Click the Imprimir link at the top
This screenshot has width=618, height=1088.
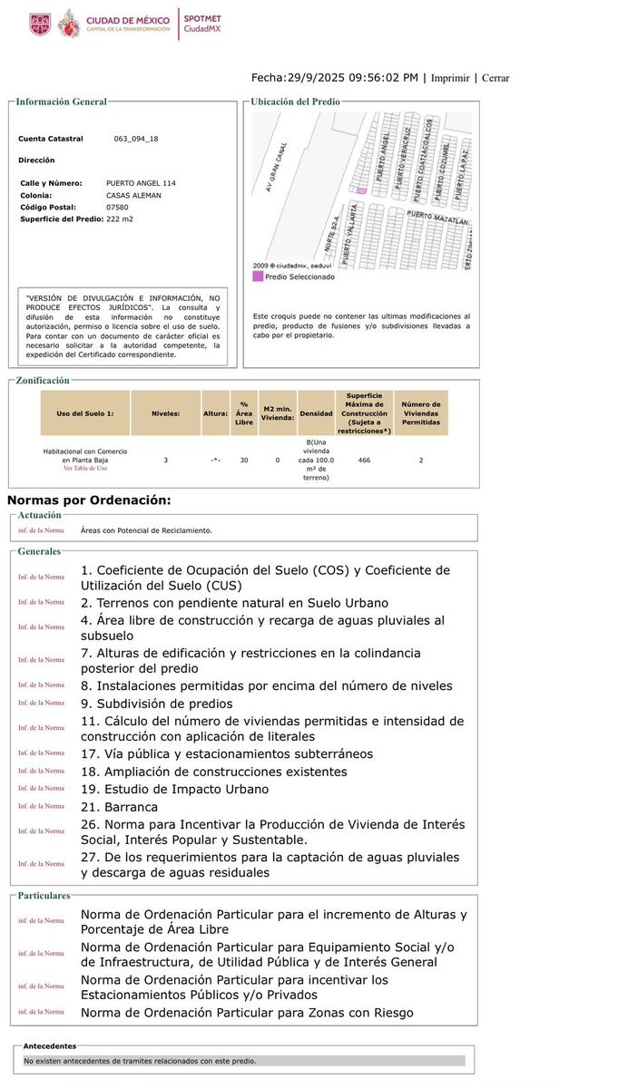tap(450, 78)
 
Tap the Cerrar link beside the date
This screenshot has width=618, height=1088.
tap(495, 78)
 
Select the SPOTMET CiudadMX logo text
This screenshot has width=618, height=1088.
tap(202, 24)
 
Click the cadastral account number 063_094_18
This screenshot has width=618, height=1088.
tap(136, 139)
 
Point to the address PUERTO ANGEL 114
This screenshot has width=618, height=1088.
tap(141, 183)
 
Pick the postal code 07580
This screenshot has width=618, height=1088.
tap(117, 207)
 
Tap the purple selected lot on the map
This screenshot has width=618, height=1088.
tap(361, 190)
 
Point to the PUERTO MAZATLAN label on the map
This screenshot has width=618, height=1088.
tap(437, 218)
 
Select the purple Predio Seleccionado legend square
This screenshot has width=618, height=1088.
tap(258, 277)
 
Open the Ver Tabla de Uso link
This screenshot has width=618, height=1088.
tap(85, 469)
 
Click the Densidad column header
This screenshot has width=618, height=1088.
tap(317, 413)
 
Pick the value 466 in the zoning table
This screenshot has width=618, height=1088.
tap(364, 461)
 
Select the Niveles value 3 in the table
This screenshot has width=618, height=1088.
tap(165, 461)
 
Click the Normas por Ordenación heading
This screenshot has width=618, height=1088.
tap(89, 500)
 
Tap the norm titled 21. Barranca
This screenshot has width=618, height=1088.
tap(119, 807)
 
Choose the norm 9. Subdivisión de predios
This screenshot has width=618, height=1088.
tap(156, 704)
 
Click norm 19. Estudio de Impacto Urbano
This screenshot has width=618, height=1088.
tap(174, 789)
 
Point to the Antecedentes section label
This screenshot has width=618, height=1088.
tap(50, 1045)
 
